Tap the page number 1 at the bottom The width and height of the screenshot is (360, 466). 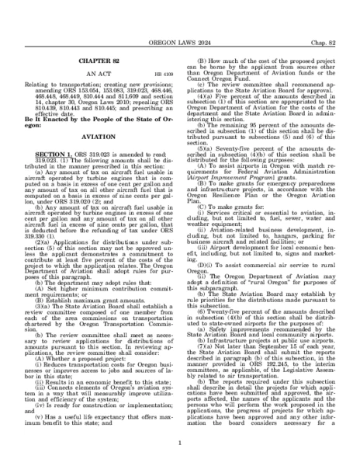(180, 443)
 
